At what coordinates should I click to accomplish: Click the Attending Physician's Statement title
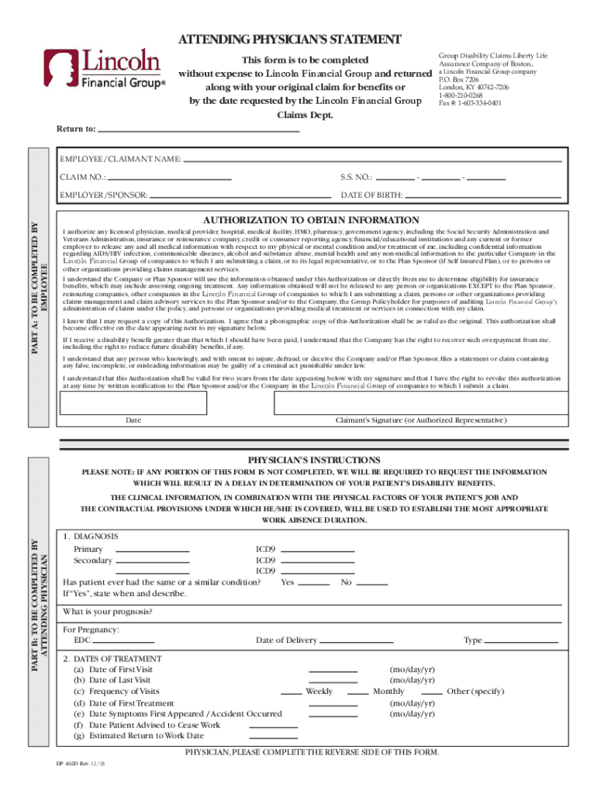tap(290, 40)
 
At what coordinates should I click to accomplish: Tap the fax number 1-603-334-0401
tap(470, 103)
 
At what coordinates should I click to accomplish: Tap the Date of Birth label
tap(372, 195)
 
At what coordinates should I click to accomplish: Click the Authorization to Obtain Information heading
tap(311, 220)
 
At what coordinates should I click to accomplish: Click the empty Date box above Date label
tap(133, 403)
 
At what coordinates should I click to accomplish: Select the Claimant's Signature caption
tap(421, 420)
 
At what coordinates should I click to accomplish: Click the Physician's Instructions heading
tap(314, 460)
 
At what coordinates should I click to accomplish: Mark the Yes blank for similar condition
tap(314, 582)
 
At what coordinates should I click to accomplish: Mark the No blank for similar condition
tap(372, 582)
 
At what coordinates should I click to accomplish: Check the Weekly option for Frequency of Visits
tap(291, 692)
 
